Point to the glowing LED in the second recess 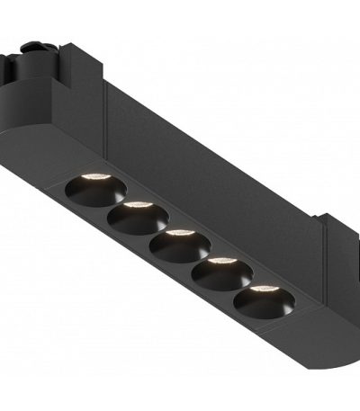[x=137, y=205]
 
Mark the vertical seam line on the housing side [x=105, y=112]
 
